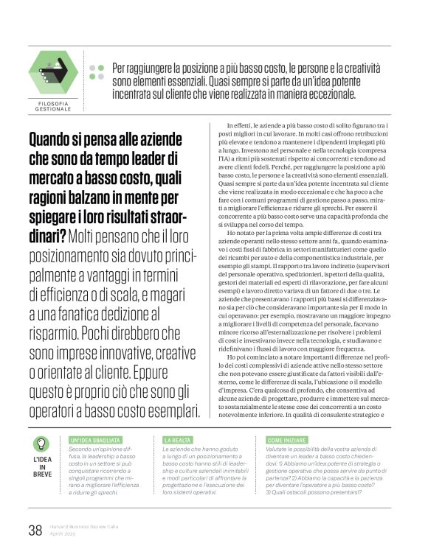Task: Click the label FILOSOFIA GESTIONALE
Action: click(52, 107)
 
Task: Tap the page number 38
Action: click(35, 530)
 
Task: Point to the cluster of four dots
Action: click(96, 72)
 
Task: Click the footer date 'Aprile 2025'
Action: click(65, 535)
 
